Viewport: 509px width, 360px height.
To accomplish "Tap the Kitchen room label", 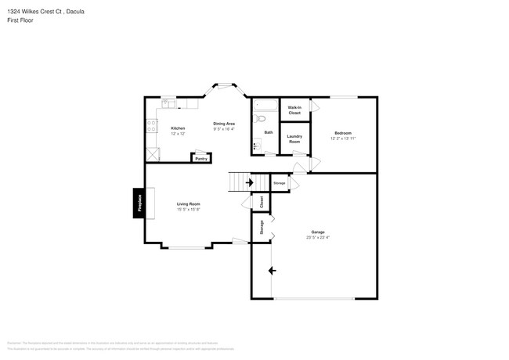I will [179, 128].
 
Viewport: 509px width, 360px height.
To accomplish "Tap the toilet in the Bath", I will [262, 119].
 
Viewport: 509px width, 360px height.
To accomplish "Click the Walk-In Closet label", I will [294, 110].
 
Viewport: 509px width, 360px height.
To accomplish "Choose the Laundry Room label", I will [294, 139].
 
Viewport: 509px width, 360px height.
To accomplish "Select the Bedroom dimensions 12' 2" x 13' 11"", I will [343, 138].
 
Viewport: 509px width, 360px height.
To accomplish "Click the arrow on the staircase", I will [249, 182].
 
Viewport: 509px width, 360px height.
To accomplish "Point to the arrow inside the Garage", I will [272, 271].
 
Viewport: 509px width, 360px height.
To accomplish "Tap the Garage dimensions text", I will [318, 237].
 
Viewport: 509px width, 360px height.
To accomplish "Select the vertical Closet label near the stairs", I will [261, 201].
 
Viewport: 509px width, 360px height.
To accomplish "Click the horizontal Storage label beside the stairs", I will [280, 182].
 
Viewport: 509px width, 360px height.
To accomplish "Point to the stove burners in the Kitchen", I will [149, 124].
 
